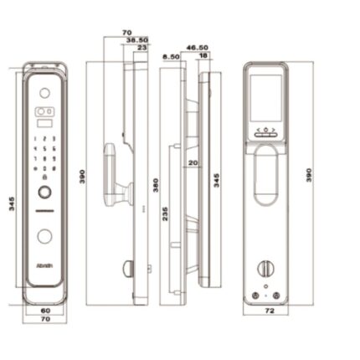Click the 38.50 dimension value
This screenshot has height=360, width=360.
click(137, 40)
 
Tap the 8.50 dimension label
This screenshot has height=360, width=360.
click(172, 57)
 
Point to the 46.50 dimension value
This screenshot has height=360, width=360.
click(198, 49)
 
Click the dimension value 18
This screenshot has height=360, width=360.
click(203, 56)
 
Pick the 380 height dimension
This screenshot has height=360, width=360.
click(155, 184)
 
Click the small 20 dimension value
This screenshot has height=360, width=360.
click(193, 162)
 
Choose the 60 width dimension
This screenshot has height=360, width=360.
click(47, 311)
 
